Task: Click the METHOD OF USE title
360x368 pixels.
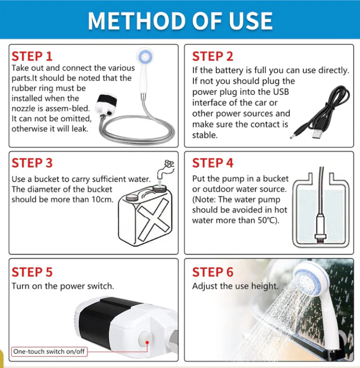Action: click(x=180, y=21)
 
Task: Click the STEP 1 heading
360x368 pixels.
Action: click(x=32, y=56)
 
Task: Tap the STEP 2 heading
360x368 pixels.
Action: click(x=213, y=56)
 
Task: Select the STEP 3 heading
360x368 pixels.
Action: click(x=32, y=163)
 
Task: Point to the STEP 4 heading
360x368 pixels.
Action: click(x=213, y=163)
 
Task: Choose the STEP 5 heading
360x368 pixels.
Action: click(x=32, y=272)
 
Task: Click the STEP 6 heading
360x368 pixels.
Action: click(x=213, y=272)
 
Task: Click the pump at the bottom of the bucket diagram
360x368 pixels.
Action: click(x=321, y=228)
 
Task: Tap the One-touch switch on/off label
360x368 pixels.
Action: click(x=49, y=352)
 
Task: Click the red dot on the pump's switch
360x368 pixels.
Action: click(x=147, y=343)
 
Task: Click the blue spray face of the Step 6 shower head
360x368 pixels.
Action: click(x=307, y=280)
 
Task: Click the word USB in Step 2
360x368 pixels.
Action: click(x=281, y=92)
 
